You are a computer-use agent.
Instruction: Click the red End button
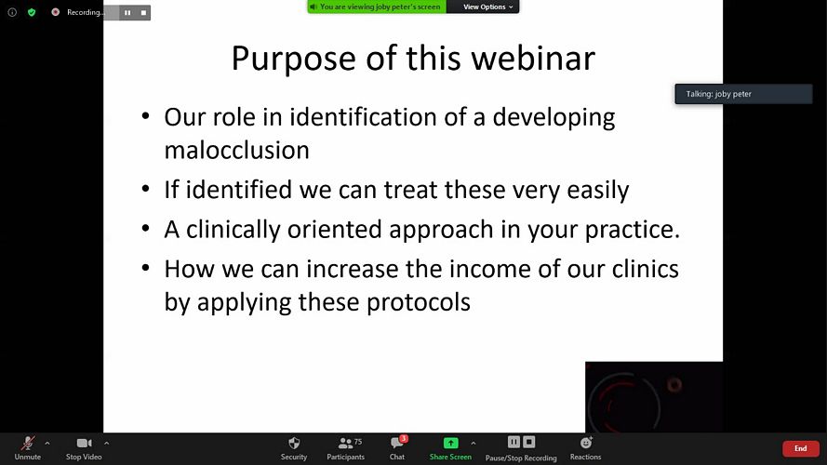tap(801, 448)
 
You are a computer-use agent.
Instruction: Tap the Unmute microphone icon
tap(27, 444)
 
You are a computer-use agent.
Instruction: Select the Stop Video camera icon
tap(84, 443)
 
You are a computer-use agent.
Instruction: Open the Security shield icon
tap(294, 443)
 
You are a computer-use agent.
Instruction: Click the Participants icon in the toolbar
tap(345, 444)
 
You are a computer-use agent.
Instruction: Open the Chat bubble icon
tap(397, 443)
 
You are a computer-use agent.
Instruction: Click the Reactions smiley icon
tap(586, 443)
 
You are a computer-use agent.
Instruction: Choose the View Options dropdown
tap(487, 7)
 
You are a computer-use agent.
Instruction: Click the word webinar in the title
tap(533, 58)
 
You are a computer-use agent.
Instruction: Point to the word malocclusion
tap(237, 151)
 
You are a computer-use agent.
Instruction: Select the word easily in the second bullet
tap(598, 191)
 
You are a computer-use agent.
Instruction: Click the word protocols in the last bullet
tap(419, 302)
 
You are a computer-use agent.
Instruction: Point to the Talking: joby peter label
tap(718, 94)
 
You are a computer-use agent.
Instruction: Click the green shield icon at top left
tap(32, 12)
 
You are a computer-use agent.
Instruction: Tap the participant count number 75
tap(358, 441)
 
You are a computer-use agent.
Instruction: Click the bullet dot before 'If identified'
tap(145, 189)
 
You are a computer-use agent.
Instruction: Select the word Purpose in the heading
tap(294, 60)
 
